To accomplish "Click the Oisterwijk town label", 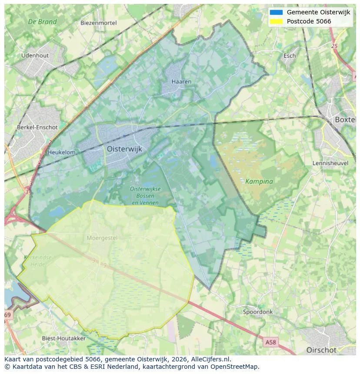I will (124, 149).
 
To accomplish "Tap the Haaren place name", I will (181, 82).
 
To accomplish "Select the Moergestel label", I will (103, 238).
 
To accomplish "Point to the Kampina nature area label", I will (259, 182).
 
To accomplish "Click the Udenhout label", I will (35, 56).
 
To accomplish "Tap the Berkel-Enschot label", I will (37, 127).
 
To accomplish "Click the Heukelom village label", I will (61, 152).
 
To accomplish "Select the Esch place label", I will (290, 56).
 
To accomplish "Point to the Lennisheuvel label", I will (331, 163).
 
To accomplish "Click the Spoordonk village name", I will (258, 312).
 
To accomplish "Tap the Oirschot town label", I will (321, 350).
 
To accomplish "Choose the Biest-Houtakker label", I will (63, 338).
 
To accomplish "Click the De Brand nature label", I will (42, 22).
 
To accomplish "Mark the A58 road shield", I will (270, 342).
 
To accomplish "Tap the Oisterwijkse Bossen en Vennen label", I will (145, 195).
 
